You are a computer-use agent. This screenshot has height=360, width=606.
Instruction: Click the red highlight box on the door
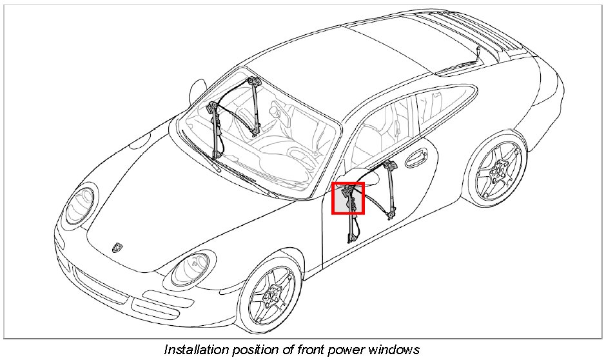click(348, 198)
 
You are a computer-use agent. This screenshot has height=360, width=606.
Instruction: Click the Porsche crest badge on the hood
click(117, 246)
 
